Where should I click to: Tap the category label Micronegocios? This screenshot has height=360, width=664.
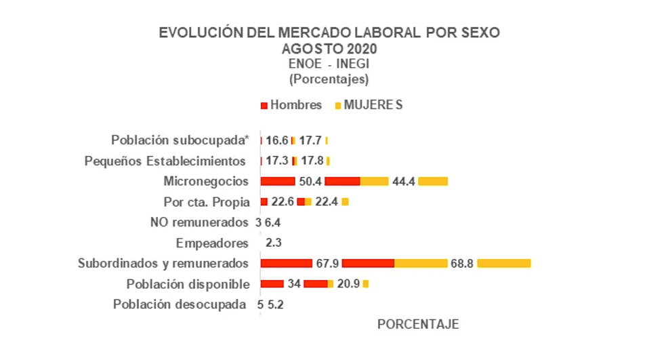(x=206, y=181)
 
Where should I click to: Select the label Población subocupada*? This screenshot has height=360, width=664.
(x=180, y=140)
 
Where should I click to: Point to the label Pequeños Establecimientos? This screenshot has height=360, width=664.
(x=165, y=161)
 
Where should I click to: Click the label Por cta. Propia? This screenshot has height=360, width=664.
(x=207, y=201)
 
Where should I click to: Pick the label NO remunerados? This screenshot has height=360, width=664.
(x=199, y=222)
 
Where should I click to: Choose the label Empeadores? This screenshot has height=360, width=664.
(x=212, y=243)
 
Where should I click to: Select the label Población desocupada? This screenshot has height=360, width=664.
(x=180, y=304)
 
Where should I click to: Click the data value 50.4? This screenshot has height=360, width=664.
(x=310, y=181)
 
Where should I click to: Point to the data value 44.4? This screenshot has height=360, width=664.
(x=403, y=181)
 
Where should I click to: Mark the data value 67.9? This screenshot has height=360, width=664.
(x=327, y=263)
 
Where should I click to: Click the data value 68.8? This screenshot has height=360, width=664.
(x=462, y=263)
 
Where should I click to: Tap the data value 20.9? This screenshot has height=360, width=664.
(x=348, y=283)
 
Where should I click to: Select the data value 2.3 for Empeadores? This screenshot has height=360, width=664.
(x=274, y=243)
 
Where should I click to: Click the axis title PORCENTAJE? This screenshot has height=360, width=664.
(x=417, y=324)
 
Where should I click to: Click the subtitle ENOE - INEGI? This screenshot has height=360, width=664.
(x=329, y=64)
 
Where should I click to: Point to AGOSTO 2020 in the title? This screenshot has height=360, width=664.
(x=329, y=49)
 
